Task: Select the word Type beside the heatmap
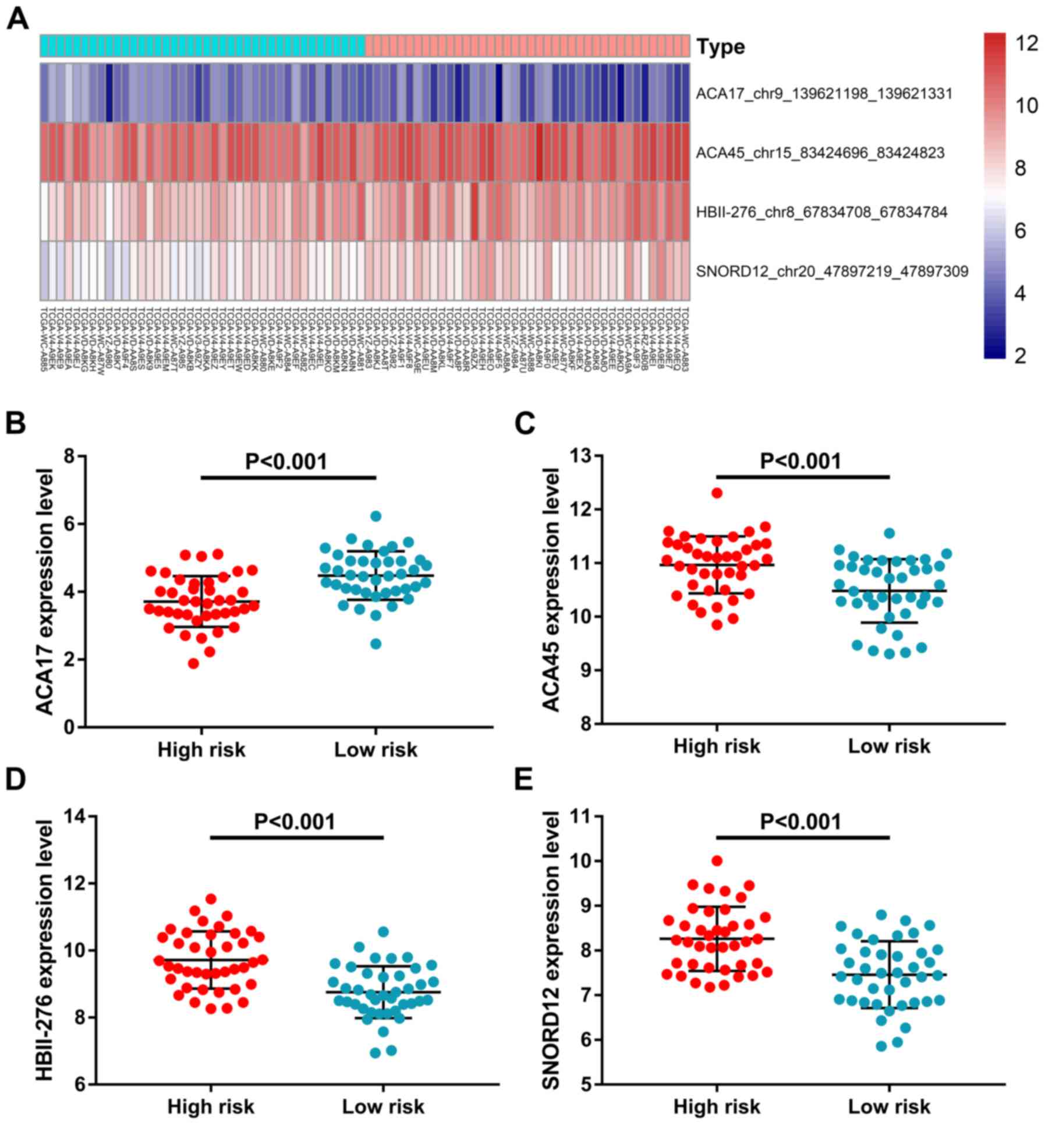(x=721, y=47)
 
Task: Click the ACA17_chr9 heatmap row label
(x=824, y=93)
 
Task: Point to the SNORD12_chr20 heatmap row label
(x=832, y=271)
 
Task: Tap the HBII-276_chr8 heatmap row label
(x=821, y=212)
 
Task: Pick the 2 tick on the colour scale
(x=1019, y=356)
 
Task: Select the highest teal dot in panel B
(x=376, y=516)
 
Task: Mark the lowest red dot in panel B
(x=193, y=663)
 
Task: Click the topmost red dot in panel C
(x=717, y=493)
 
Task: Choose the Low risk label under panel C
(x=889, y=746)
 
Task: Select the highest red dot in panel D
(x=211, y=899)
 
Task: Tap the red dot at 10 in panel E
(x=717, y=861)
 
